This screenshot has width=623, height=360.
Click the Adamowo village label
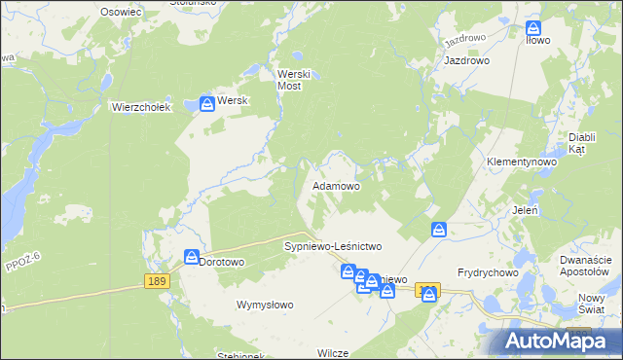[336, 185]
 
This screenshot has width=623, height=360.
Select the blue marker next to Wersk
[207, 102]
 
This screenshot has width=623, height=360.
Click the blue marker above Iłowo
[533, 29]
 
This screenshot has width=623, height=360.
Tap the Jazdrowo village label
[466, 60]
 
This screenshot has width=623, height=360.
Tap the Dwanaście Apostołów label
[586, 266]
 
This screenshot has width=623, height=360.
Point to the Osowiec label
[122, 12]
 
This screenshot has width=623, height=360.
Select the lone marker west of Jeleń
[439, 230]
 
